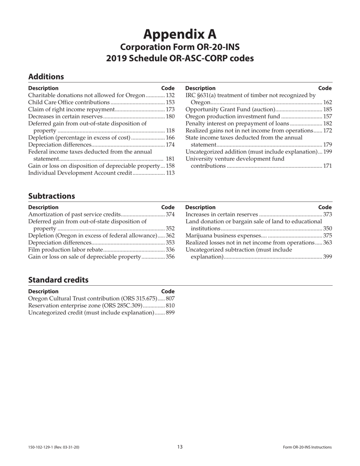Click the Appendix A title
click(x=180, y=34)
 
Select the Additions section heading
click(x=46, y=77)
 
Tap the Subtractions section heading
click(x=52, y=196)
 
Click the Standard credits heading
click(x=58, y=280)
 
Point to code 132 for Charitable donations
click(x=170, y=95)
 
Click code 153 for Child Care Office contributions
click(x=170, y=102)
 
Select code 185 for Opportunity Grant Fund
click(x=327, y=109)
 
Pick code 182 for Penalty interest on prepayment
click(x=327, y=124)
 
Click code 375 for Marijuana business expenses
click(x=327, y=236)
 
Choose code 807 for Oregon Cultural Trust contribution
click(x=170, y=299)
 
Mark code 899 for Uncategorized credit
click(x=170, y=313)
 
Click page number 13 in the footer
click(x=180, y=447)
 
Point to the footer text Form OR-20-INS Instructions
click(x=307, y=447)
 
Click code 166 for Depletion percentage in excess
click(x=170, y=138)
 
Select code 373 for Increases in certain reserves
click(x=327, y=214)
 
